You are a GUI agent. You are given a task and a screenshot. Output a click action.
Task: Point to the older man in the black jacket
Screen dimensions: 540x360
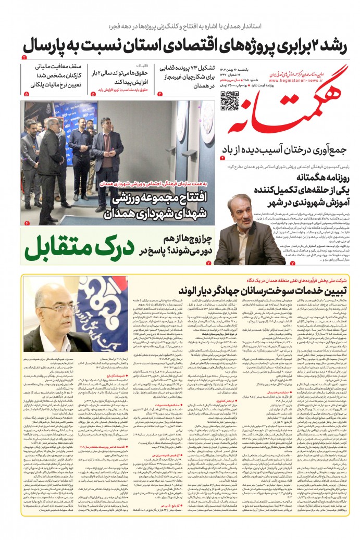52,156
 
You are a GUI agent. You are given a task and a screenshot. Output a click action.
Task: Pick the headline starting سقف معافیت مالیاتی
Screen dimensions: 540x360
43,76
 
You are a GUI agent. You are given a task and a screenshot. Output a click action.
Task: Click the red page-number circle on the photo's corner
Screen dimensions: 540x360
27,223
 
